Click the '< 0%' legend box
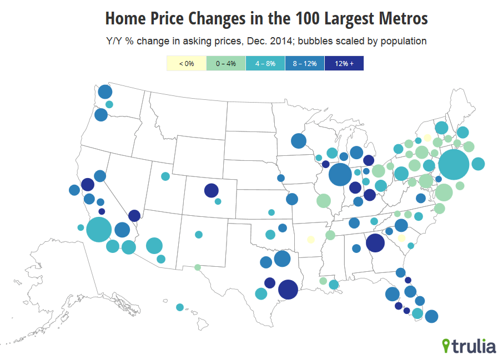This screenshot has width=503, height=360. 187,64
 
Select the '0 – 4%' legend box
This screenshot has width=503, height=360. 226,64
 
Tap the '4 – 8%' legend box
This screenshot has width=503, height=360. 265,64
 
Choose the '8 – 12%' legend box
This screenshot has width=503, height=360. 305,64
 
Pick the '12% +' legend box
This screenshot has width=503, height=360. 344,64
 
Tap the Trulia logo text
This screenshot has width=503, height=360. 473,347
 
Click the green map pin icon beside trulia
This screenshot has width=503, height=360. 446,346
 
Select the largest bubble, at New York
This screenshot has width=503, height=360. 454,165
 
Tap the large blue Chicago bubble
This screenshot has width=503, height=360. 340,176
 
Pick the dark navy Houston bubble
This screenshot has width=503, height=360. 288,289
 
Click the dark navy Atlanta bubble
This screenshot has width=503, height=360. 375,242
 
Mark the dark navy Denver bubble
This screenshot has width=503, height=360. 211,190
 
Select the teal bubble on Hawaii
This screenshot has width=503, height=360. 180,307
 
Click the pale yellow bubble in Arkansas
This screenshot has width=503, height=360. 311,240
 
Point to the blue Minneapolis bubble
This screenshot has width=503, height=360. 298,141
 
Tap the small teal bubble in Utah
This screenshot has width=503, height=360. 165,176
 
